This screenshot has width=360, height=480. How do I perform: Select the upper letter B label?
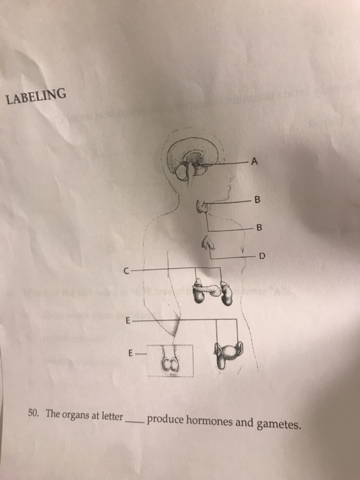pyautogui.click(x=256, y=201)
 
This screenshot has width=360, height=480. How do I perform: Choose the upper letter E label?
pyautogui.click(x=127, y=320)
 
